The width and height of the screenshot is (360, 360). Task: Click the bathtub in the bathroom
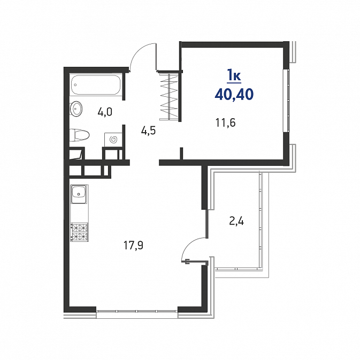click(x=96, y=85)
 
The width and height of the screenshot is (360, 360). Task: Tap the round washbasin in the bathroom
click(x=76, y=108)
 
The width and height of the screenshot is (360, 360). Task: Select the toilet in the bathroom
click(x=79, y=135)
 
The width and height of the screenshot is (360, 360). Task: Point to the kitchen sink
click(x=79, y=195)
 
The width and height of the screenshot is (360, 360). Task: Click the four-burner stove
click(x=79, y=232)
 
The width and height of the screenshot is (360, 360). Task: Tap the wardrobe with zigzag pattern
click(x=169, y=96)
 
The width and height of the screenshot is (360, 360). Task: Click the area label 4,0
click(x=105, y=112)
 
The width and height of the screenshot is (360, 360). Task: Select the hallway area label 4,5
click(x=148, y=131)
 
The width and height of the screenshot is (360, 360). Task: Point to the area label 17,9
click(x=133, y=246)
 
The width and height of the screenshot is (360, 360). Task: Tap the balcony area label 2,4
click(x=236, y=221)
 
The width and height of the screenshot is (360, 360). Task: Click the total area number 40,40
click(x=234, y=94)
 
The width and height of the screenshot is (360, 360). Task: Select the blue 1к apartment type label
click(x=234, y=76)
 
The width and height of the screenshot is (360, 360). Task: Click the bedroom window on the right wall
click(x=286, y=101)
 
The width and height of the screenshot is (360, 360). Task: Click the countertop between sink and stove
click(x=79, y=213)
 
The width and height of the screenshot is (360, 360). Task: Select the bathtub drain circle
click(x=75, y=85)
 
